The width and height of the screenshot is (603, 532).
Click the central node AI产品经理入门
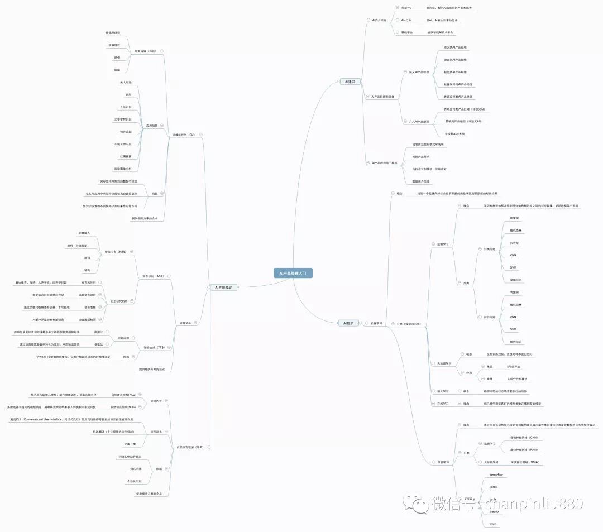[293, 273]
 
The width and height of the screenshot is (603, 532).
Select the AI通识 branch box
[350, 82]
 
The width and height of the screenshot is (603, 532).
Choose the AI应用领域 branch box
[224, 287]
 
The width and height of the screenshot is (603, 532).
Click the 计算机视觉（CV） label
[183, 134]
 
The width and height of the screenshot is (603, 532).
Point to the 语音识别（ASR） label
[152, 276]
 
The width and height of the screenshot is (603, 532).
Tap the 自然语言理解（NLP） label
[190, 447]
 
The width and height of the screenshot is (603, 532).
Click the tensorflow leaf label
[496, 475]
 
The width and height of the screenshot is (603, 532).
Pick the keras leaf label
[493, 487]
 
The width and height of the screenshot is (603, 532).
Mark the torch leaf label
[492, 524]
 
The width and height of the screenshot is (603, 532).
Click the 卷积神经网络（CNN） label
[524, 437]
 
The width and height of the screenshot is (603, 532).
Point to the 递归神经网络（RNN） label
[524, 449]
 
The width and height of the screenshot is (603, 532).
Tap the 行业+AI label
[406, 8]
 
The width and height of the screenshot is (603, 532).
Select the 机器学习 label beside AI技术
[376, 323]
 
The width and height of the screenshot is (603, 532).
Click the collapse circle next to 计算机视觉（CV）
[200, 134]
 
